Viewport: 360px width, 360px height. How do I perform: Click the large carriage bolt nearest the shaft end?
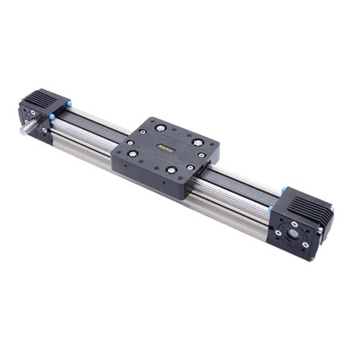(134, 153)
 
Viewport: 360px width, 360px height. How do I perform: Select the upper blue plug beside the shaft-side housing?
(68, 103)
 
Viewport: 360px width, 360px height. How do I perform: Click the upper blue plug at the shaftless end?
(284, 191)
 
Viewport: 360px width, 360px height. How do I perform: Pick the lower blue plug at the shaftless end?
(270, 209)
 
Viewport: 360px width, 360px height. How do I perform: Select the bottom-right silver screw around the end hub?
(305, 245)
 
